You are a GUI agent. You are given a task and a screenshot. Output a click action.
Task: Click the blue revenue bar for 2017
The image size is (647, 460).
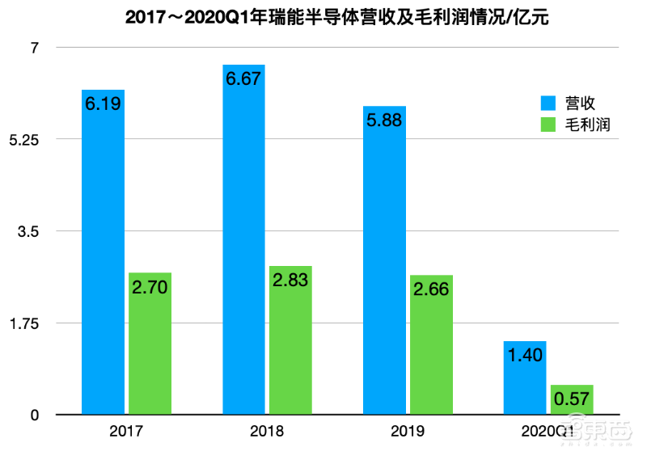(x=103, y=259)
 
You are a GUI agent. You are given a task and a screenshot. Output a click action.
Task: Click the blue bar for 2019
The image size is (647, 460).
(x=384, y=267)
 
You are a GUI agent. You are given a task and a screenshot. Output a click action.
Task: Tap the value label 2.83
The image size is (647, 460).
(x=290, y=281)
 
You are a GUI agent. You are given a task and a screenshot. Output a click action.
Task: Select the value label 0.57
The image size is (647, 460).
(x=572, y=400)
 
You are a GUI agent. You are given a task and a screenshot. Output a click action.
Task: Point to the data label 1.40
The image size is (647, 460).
(x=524, y=354)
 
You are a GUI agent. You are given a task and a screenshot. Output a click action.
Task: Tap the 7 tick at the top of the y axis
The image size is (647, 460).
(x=35, y=48)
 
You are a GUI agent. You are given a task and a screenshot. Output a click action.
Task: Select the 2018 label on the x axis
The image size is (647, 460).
(x=267, y=432)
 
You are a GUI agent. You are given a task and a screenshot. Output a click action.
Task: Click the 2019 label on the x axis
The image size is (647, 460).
(x=408, y=432)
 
